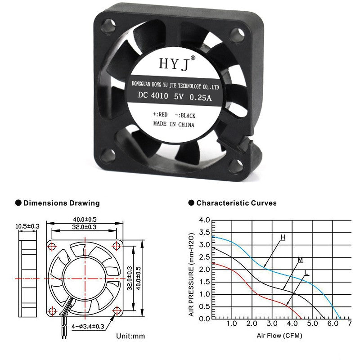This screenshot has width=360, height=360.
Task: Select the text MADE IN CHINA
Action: [x=174, y=124]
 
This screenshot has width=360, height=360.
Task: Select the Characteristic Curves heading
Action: [x=236, y=203]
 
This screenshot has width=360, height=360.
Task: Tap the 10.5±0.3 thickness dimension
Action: [x=27, y=226]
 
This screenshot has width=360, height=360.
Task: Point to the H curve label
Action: [x=283, y=237]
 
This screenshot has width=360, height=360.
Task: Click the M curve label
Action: [x=300, y=260]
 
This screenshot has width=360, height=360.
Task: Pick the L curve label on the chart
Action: [x=306, y=273]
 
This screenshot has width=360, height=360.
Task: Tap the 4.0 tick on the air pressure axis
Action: [x=204, y=220]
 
